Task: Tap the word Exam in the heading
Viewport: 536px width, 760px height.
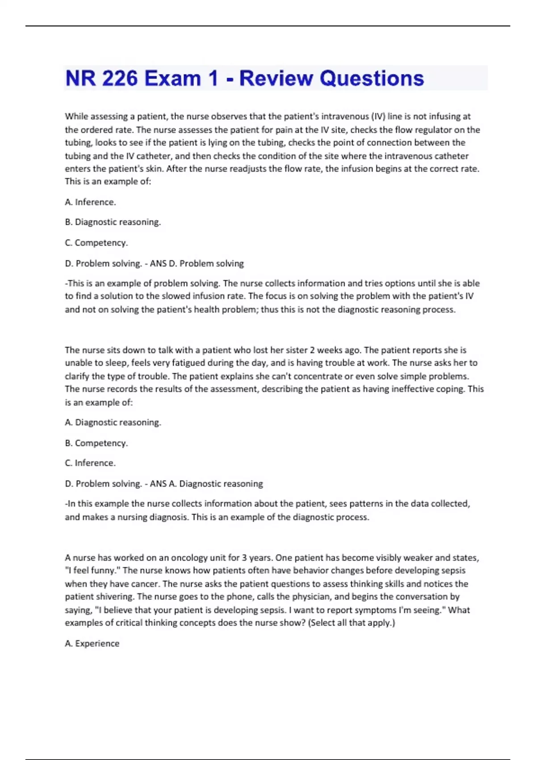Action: [172, 78]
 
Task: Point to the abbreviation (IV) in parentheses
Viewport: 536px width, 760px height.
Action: [378, 117]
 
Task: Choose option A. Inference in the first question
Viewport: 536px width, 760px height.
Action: [90, 202]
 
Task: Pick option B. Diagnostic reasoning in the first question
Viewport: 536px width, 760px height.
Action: [113, 222]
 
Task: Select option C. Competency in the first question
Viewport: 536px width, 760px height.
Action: [96, 243]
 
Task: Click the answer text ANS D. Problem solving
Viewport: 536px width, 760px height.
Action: [197, 263]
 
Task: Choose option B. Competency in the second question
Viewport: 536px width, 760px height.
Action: [96, 443]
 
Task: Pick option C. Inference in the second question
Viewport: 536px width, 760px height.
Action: [90, 463]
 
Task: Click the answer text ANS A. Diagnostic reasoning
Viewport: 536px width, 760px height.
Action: [206, 484]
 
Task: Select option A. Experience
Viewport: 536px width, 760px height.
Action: [92, 644]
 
